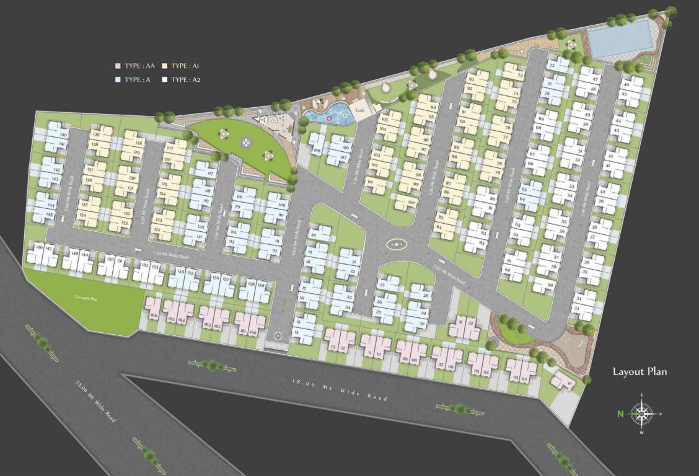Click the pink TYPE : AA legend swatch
click(117, 66)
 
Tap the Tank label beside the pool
click(360, 110)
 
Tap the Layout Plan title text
click(640, 372)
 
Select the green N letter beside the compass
click(620, 413)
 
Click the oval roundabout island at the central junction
click(397, 245)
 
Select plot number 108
click(317, 150)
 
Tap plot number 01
click(569, 384)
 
